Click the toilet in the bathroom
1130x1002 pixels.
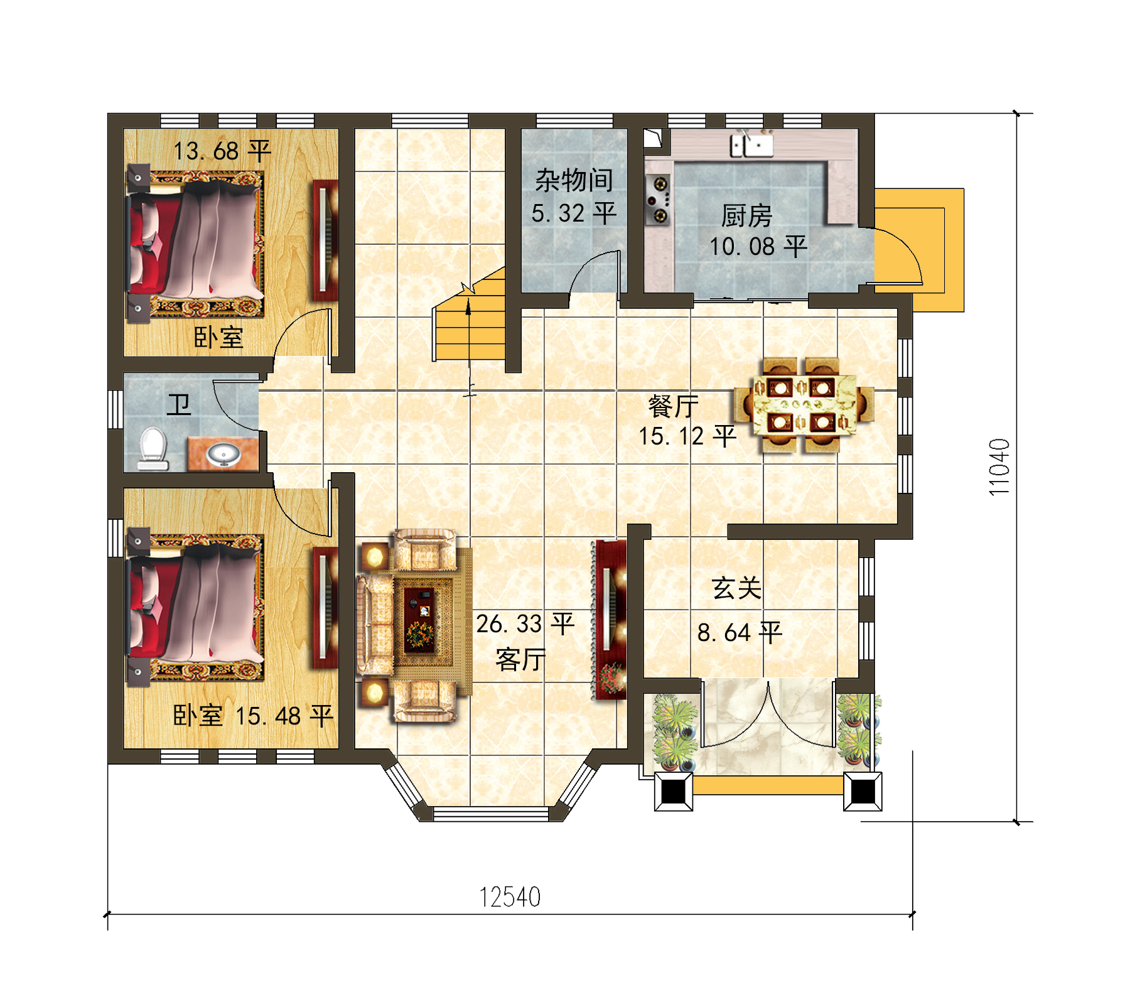click(153, 448)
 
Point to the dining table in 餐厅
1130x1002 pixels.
click(804, 406)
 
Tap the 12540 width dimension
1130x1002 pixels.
click(510, 897)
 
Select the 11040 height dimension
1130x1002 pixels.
click(999, 467)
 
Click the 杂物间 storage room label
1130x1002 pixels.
click(574, 181)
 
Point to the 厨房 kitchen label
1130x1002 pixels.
click(746, 216)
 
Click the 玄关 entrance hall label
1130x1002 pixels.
click(736, 588)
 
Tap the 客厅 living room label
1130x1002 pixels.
click(520, 660)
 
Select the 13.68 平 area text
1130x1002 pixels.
click(222, 151)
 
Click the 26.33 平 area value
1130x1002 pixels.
click(525, 623)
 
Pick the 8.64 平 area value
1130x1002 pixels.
click(740, 632)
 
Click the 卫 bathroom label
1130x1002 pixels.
click(179, 405)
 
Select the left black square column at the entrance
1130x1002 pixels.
click(673, 792)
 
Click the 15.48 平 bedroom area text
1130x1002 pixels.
click(284, 716)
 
